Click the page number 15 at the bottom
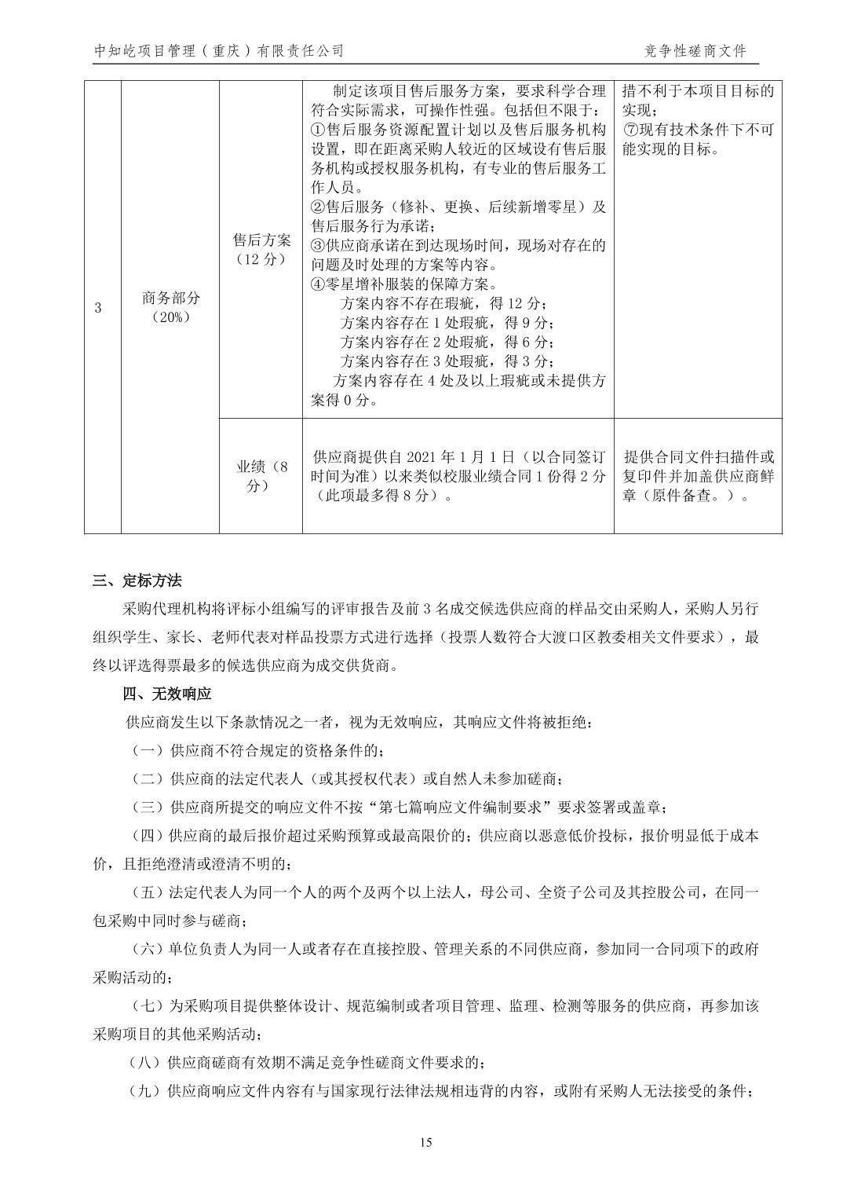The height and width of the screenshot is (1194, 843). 425,1142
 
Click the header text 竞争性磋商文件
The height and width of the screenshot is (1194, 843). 695,51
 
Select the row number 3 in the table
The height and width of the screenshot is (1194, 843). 98,308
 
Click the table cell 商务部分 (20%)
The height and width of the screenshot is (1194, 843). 170,308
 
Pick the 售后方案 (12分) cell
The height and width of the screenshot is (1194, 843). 261,249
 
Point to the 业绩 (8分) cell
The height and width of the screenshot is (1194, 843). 261,476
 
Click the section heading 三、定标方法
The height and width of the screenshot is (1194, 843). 137,581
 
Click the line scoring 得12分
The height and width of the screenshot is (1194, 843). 443,304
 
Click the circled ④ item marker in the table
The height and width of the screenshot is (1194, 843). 318,284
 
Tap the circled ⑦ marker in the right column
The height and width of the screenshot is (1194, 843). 630,130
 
